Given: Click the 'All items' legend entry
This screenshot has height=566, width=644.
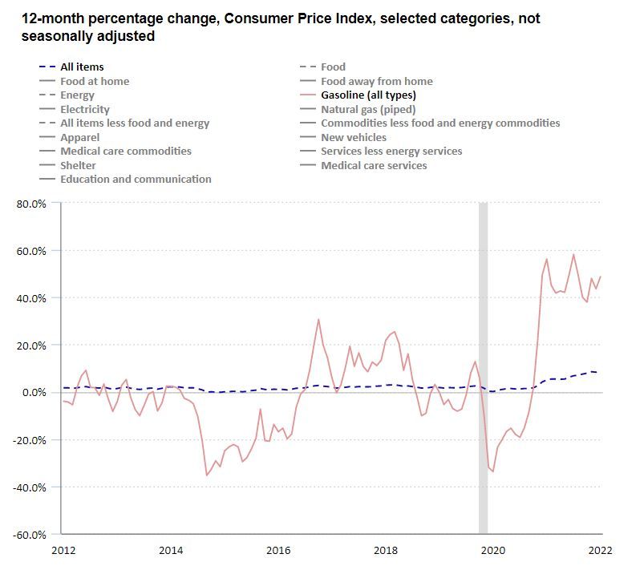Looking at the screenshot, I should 82,67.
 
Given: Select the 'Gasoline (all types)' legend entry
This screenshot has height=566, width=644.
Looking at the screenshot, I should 367,95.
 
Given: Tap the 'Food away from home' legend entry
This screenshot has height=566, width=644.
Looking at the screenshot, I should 376,81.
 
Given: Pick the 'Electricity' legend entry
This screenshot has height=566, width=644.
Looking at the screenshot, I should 85,109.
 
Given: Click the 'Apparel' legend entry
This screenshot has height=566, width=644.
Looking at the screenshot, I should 79,137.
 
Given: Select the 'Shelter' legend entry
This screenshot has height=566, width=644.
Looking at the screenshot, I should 78,165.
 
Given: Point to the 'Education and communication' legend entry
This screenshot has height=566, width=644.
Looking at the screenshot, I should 136,179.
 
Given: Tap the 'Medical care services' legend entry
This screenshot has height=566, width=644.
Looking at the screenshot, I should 374,165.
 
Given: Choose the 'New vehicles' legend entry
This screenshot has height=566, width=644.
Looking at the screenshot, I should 353,137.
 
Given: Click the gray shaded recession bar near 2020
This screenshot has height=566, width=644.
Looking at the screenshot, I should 483,369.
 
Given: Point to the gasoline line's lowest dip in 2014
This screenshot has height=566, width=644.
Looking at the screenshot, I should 207,475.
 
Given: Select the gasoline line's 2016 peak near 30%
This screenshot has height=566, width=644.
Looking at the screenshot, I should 318,320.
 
